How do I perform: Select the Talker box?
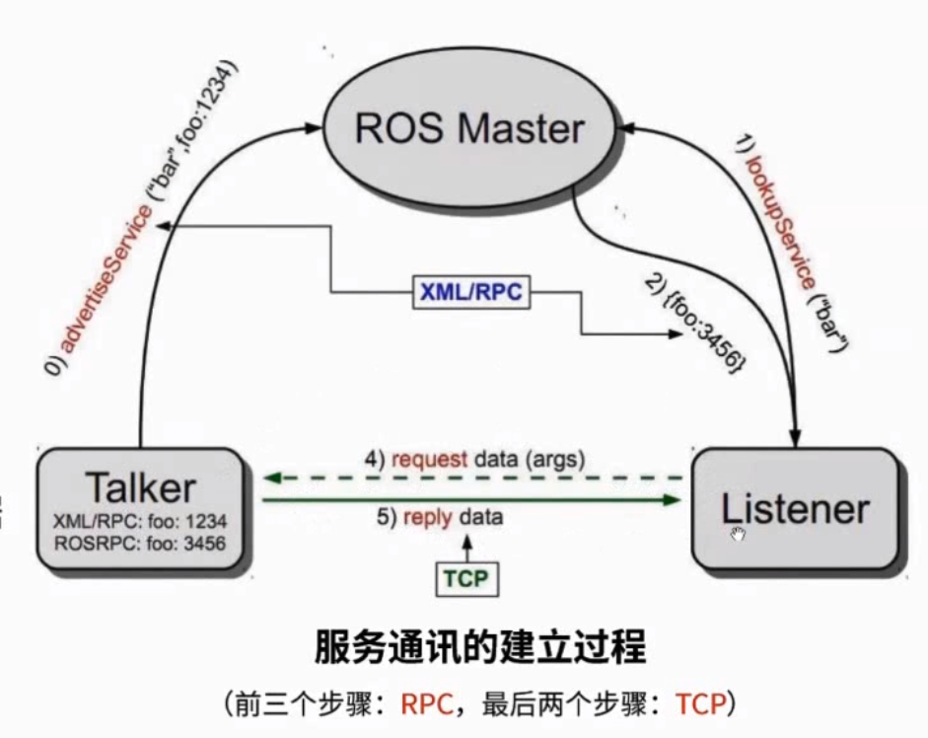141,509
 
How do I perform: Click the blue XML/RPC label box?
471,292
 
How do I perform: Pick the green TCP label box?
467,579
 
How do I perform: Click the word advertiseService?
106,278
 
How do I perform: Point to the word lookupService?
779,222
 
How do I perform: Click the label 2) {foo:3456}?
695,324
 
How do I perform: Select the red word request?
429,459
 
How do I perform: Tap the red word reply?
427,517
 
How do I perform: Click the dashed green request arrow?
472,478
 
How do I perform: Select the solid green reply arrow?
471,500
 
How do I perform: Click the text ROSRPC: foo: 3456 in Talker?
140,543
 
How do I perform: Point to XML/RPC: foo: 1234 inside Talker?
140,521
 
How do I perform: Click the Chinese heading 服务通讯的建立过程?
480,647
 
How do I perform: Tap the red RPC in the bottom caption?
427,704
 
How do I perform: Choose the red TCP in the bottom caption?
701,704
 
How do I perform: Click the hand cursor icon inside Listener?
738,535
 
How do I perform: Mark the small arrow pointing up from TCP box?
467,549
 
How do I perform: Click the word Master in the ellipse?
520,128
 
